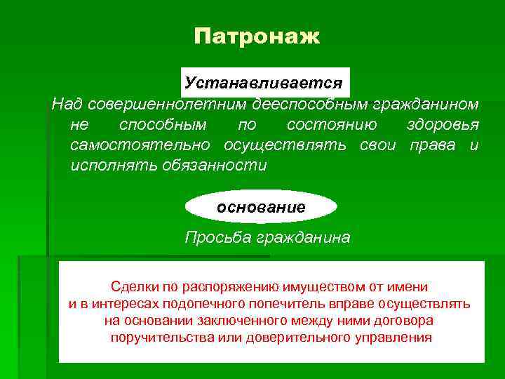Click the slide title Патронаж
[257, 36]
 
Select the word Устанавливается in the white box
[264, 83]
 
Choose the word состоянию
[331, 126]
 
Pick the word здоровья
[443, 126]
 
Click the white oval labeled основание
[261, 207]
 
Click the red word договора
[400, 321]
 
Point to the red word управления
[393, 338]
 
